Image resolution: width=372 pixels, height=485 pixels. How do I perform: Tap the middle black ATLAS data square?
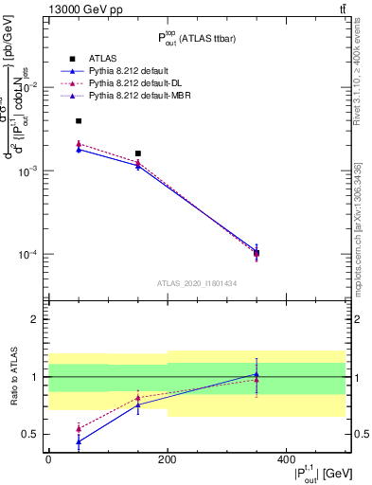[138, 153]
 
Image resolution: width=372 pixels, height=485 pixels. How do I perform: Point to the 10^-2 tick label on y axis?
[28, 87]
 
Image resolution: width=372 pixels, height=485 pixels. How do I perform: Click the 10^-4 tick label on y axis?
[28, 255]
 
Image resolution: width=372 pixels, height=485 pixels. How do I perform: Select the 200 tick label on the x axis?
[167, 461]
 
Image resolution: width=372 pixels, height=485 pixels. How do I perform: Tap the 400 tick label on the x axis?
[286, 461]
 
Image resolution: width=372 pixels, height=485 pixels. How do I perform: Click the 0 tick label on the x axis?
[48, 461]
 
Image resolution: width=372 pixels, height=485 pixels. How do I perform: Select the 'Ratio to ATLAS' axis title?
[12, 376]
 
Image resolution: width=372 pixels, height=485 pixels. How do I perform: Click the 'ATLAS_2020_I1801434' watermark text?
[197, 283]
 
